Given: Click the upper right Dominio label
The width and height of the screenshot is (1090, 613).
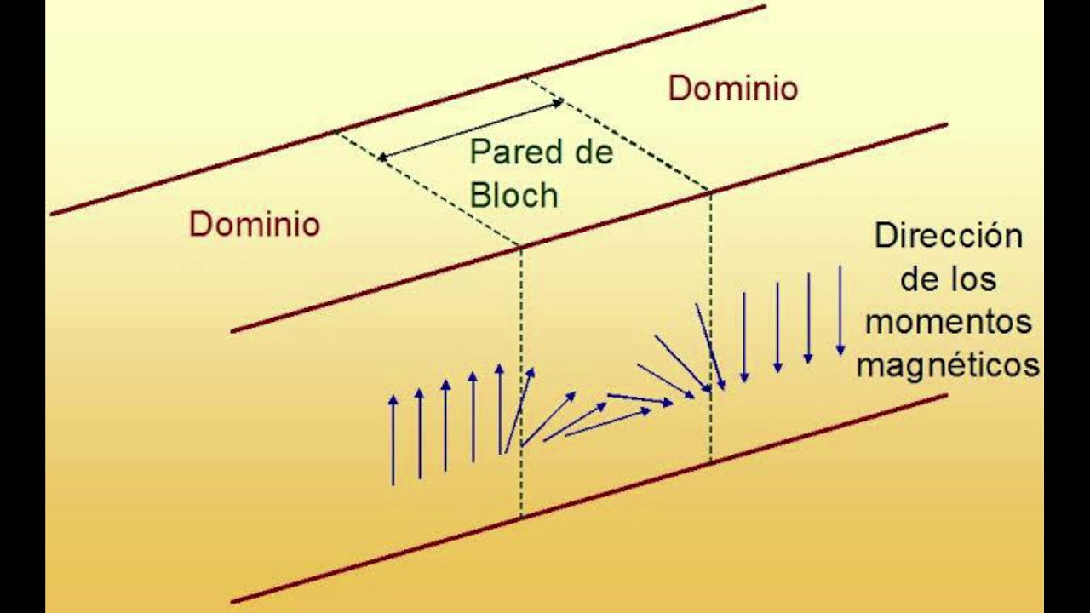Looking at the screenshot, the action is click(733, 89).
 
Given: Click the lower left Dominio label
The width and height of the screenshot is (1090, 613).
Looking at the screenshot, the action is click(255, 224).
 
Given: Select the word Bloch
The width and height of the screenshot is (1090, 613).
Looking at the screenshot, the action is click(513, 195).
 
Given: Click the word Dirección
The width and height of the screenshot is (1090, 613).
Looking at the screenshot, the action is click(949, 236).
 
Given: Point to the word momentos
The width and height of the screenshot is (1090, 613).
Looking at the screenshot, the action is click(949, 322).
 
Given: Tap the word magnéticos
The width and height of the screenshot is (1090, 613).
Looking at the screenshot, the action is click(948, 365).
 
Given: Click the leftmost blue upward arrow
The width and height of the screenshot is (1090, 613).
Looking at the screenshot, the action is click(393, 440).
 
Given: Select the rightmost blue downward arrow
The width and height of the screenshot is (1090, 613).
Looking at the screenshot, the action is click(840, 311).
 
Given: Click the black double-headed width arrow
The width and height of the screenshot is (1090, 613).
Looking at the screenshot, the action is click(471, 129).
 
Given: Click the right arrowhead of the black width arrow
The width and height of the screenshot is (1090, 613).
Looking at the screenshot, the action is click(559, 102).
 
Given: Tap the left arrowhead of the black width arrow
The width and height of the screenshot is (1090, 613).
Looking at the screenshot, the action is click(383, 157).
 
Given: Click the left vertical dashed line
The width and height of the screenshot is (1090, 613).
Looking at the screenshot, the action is click(521, 383).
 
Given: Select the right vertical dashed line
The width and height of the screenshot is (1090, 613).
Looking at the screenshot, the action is click(711, 326).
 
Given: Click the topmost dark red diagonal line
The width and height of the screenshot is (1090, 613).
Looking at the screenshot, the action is click(408, 111).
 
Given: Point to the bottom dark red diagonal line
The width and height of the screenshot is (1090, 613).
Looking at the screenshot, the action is click(588, 499).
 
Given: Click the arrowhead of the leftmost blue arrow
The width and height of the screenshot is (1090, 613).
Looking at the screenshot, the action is click(393, 400).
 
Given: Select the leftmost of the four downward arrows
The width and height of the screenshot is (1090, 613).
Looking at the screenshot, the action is click(744, 337).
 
